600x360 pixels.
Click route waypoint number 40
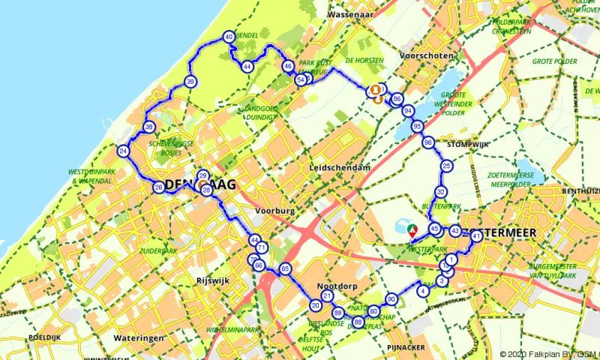click(x=229, y=37)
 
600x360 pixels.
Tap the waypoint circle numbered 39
click(x=191, y=82)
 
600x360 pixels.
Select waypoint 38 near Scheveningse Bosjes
click(x=149, y=127)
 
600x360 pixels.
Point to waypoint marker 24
click(x=123, y=152)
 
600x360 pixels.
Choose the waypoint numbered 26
click(x=158, y=187)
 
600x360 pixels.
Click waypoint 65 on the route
click(x=284, y=268)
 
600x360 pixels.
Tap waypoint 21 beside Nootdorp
click(x=327, y=296)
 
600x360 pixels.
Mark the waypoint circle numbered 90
click(x=391, y=299)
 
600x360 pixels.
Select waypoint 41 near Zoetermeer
click(x=476, y=237)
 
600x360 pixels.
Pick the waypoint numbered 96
click(x=428, y=142)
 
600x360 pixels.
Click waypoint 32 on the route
click(x=441, y=192)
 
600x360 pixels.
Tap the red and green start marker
click(x=411, y=229)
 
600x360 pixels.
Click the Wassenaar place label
click(x=350, y=13)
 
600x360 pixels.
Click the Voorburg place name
click(x=274, y=211)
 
